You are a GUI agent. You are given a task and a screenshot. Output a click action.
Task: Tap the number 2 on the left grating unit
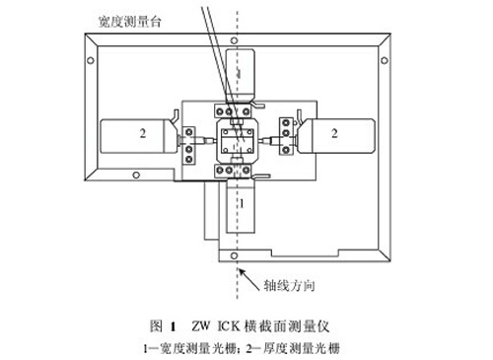[x=142, y=130]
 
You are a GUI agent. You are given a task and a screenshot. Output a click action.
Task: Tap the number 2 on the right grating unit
[x=337, y=130]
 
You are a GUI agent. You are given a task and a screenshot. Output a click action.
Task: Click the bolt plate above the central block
[x=237, y=107]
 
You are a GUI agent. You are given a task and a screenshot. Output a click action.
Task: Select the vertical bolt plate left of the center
[x=188, y=139]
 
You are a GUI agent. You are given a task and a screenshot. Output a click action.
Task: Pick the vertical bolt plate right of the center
[x=287, y=139]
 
